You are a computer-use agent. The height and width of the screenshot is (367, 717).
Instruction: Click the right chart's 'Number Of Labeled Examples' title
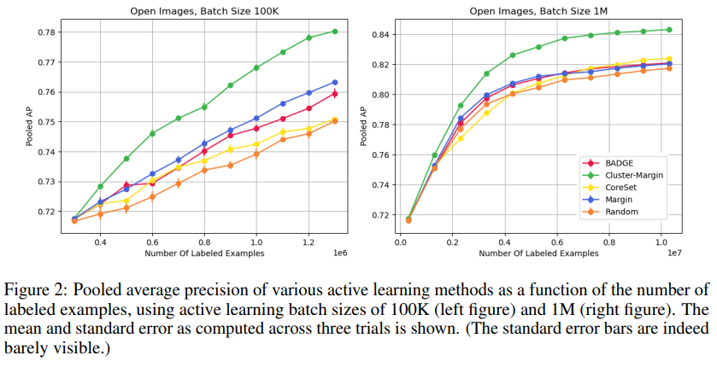point(538,253)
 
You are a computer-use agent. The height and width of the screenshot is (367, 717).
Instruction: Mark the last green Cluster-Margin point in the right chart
point(668,30)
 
